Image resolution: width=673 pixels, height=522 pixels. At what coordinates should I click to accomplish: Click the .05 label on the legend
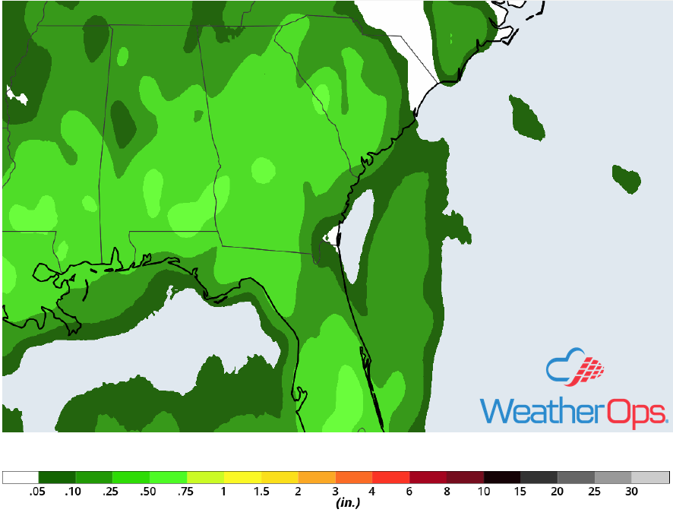click(x=36, y=492)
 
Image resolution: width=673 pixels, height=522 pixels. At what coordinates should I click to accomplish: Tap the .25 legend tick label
click(x=112, y=492)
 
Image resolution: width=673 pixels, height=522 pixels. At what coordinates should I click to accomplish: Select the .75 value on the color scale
click(x=186, y=492)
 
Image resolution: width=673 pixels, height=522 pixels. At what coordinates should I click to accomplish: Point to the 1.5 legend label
click(x=261, y=492)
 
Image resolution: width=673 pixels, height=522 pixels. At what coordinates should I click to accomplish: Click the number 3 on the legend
click(x=335, y=492)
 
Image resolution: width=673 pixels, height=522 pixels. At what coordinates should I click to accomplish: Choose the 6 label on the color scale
click(x=409, y=492)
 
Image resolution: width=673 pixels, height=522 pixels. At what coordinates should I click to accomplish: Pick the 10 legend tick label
click(x=483, y=492)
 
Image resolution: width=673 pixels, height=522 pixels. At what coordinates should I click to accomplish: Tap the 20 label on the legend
click(x=557, y=492)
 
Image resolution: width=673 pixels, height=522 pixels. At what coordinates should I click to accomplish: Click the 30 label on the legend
click(x=631, y=492)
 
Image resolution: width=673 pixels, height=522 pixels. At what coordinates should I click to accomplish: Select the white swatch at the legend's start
click(x=21, y=478)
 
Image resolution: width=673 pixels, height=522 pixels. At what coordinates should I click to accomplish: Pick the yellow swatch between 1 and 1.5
click(x=242, y=478)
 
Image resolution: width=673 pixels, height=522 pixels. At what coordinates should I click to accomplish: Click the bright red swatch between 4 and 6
click(x=391, y=478)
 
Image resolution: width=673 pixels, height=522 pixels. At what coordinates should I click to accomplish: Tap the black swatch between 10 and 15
click(x=502, y=478)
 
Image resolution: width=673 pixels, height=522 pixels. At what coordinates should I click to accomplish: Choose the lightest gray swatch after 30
click(x=650, y=478)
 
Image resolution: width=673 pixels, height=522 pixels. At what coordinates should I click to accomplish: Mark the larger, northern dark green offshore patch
click(x=527, y=117)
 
